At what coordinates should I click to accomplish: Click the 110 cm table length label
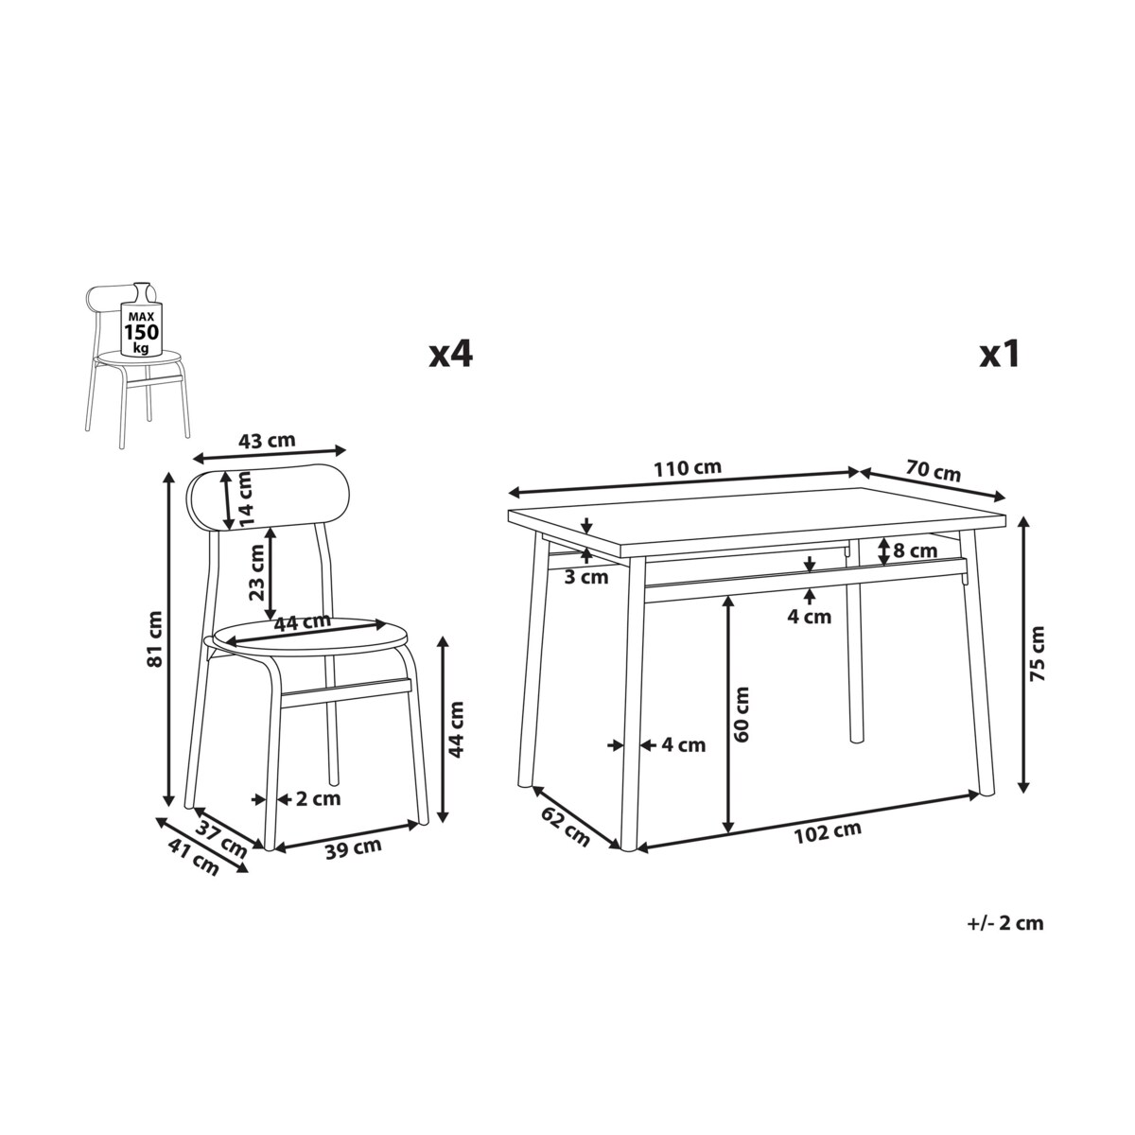pos(688,468)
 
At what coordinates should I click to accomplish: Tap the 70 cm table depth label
pos(933,471)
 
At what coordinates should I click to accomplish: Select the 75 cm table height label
pos(1038,654)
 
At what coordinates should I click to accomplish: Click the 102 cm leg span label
pos(828,832)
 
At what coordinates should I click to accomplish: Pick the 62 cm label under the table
pos(566,826)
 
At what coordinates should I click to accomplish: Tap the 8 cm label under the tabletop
pos(916,551)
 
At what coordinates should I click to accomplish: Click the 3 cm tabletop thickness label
pos(586,577)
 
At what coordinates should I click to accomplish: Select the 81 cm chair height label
pos(154,639)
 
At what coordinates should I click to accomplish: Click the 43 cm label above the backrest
pos(267,440)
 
